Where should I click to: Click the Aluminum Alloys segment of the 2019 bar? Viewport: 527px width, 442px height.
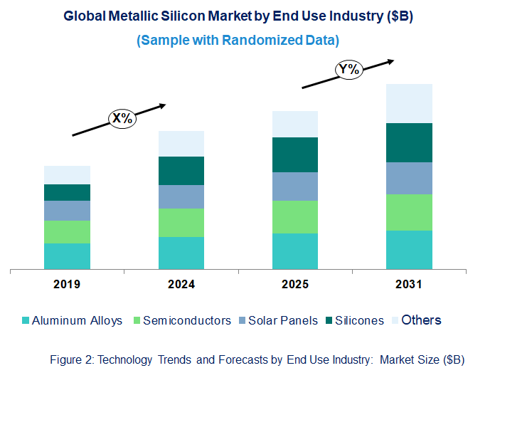pos(67,256)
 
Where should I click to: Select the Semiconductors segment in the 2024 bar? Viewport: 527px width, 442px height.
pos(181,223)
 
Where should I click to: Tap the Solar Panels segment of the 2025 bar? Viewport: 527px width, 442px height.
pos(295,186)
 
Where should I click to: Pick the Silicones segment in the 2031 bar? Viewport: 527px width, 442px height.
pos(409,142)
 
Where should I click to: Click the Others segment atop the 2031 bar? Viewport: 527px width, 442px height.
pos(409,103)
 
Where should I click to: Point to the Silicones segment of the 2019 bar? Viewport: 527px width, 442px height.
pos(67,192)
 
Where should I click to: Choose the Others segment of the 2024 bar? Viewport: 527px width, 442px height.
pos(181,144)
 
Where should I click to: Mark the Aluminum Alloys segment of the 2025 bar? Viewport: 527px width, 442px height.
pos(295,251)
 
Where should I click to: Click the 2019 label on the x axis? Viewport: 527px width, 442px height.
pos(67,285)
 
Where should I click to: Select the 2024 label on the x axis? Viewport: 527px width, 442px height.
pos(181,285)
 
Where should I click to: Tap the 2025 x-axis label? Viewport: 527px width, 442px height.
pos(295,285)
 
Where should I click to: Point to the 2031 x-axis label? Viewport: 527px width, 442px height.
pos(409,285)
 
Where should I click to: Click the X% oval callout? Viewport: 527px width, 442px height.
pos(122,118)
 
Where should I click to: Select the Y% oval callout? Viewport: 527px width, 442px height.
pos(349,69)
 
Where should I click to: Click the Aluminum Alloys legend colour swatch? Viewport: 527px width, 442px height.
pos(26,321)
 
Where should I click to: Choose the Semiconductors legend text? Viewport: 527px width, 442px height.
pos(187,321)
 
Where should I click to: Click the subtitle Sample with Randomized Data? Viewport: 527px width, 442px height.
pos(238,41)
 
